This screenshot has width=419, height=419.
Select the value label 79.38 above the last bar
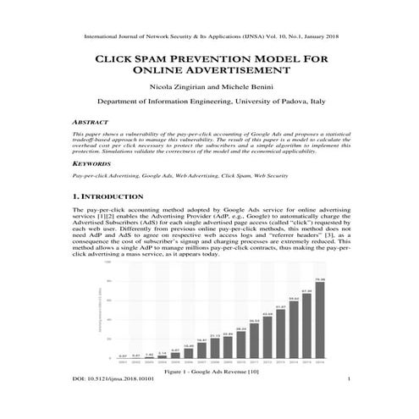pyautogui.click(x=319, y=279)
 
